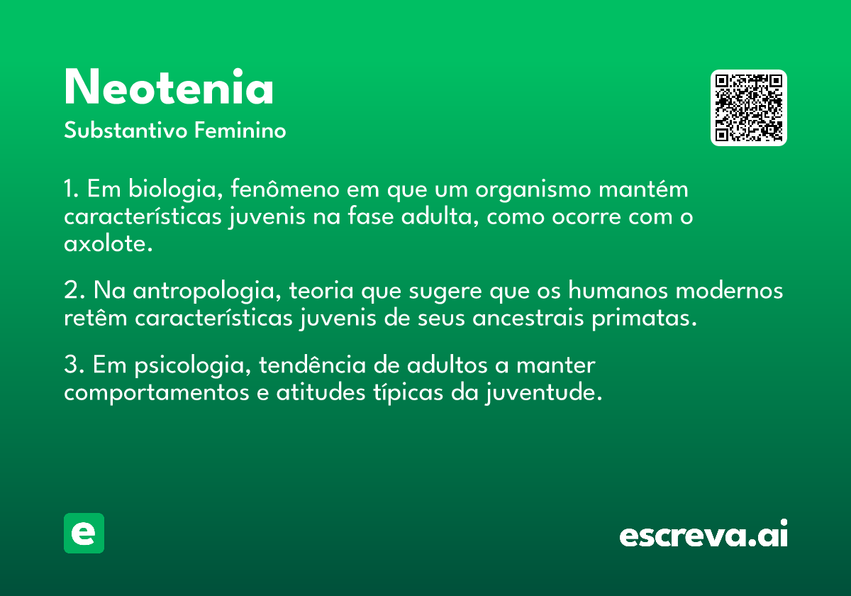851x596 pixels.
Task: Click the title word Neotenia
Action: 169,87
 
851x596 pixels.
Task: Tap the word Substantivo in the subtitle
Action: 126,130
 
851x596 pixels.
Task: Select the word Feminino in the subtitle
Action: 240,130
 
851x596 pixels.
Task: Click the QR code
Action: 748,108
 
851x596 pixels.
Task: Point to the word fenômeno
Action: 285,189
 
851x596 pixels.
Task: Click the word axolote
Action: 109,243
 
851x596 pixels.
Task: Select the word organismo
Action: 533,189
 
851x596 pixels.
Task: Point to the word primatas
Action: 645,319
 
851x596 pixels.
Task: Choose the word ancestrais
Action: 528,318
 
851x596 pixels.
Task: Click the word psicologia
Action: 193,365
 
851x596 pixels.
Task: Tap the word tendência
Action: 312,365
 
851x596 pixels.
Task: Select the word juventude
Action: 544,392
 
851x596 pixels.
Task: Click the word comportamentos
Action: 157,393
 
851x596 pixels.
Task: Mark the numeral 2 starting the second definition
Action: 72,290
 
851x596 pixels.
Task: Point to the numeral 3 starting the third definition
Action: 72,364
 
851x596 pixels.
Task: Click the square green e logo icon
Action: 84,533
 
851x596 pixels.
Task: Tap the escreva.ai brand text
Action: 703,534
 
